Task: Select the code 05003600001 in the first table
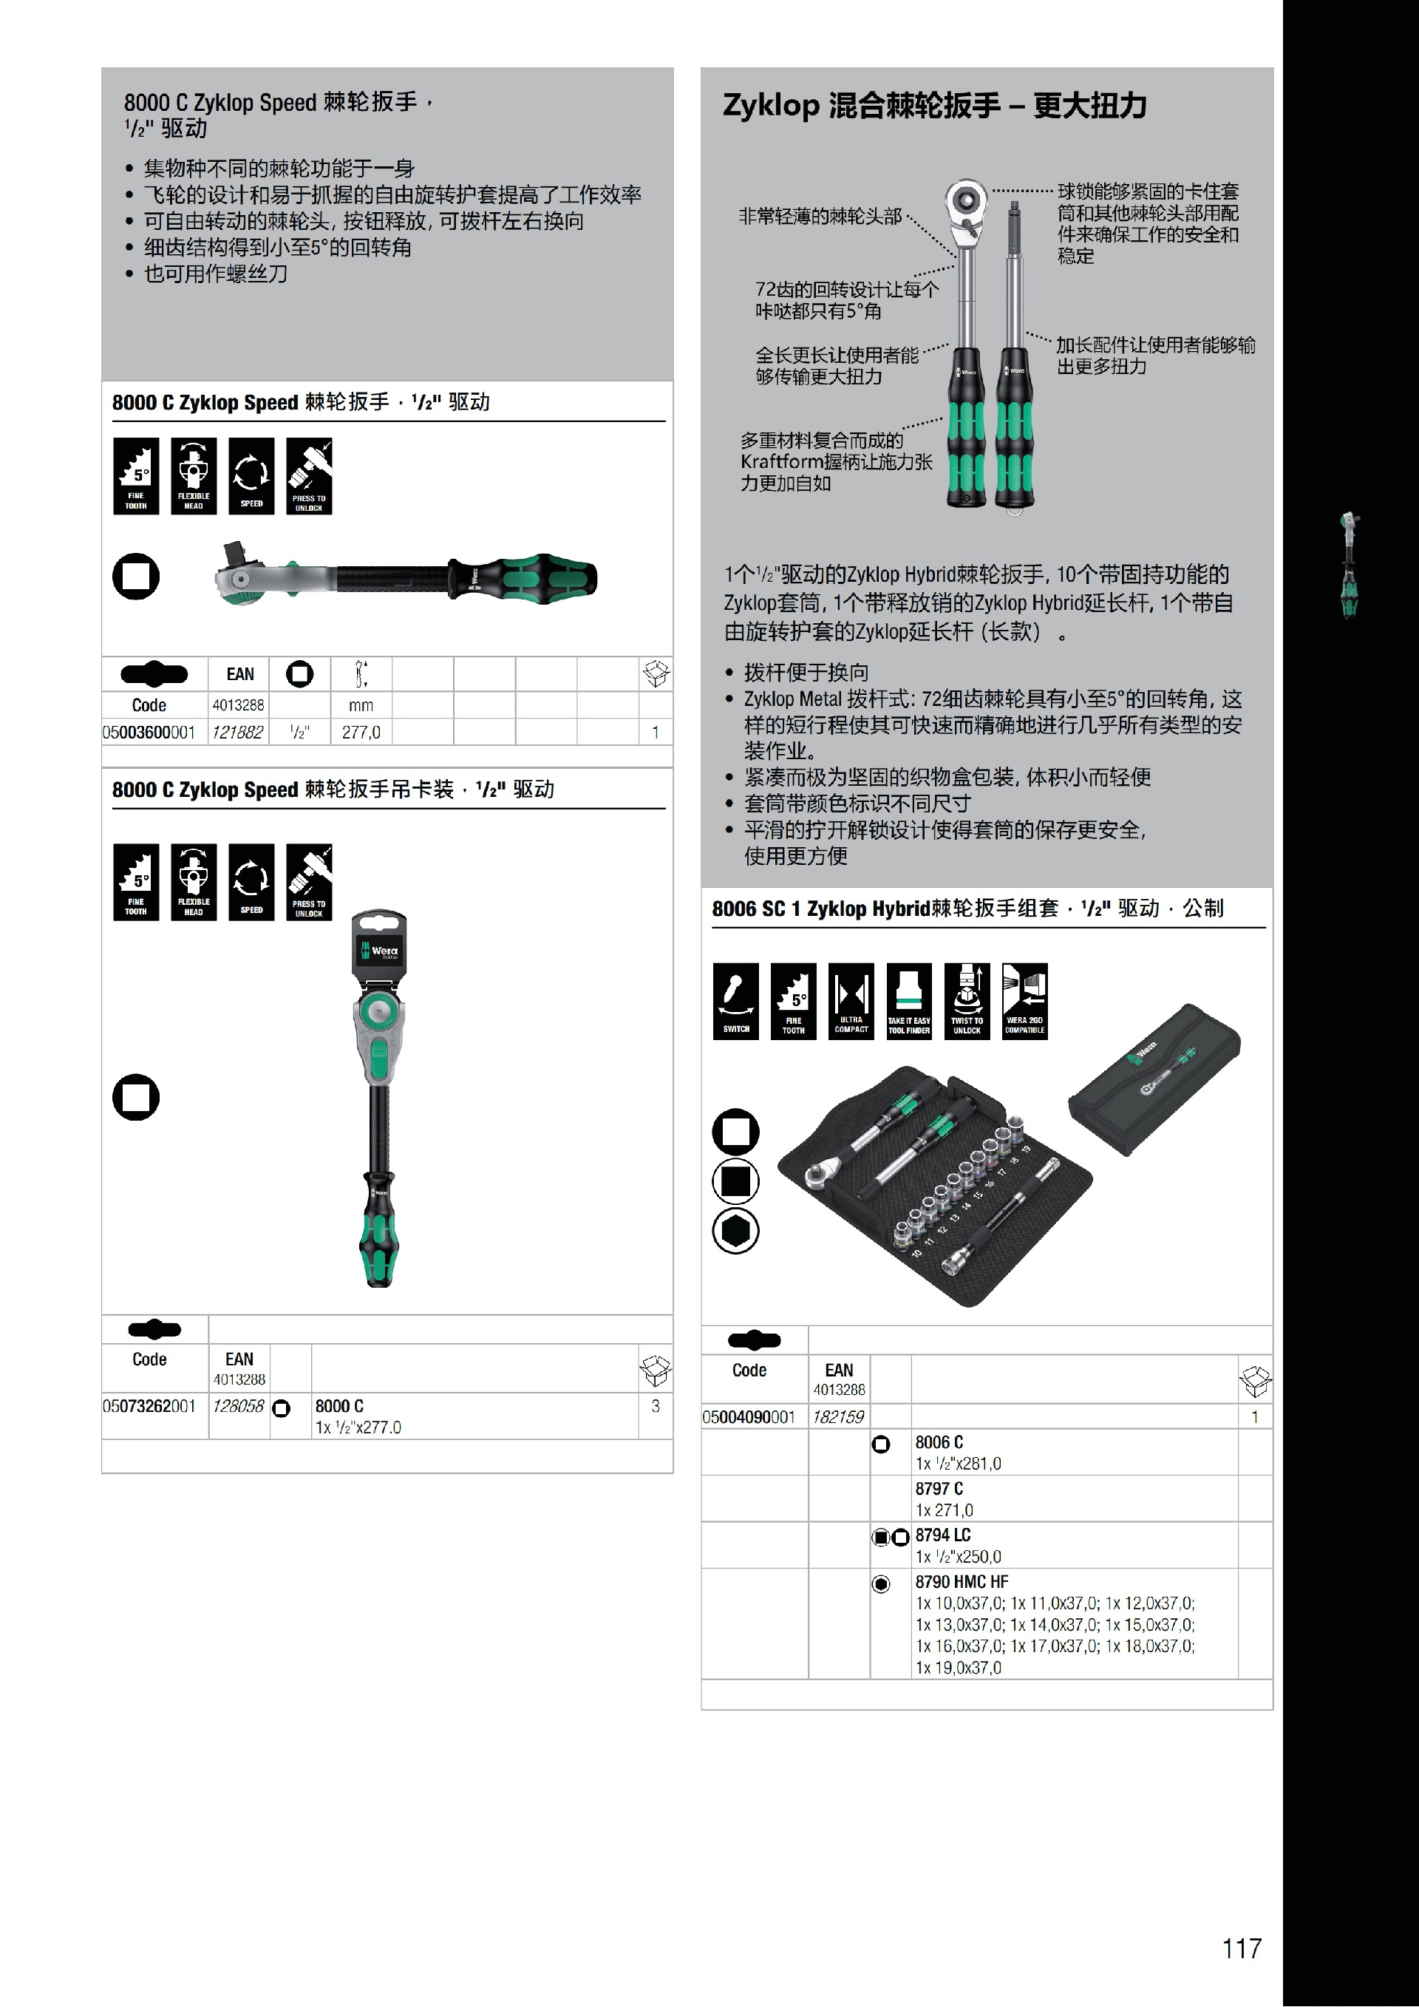coord(149,732)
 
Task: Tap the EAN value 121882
coord(238,732)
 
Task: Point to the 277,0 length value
coord(361,732)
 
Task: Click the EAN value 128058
coord(239,1405)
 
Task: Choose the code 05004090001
coord(749,1417)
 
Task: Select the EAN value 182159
coord(838,1417)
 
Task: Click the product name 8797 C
coord(939,1489)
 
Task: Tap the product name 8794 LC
coord(943,1535)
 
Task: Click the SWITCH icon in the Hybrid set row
coord(735,1001)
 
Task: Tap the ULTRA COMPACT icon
coord(851,1001)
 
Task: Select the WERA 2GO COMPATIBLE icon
coord(1024,1001)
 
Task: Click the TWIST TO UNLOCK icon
coord(967,1001)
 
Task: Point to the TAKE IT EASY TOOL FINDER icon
coord(909,1001)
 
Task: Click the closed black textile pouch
coord(1154,1079)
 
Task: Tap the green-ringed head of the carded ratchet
coord(378,1012)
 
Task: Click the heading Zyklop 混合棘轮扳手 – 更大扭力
coord(934,105)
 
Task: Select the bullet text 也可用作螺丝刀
coord(216,274)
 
